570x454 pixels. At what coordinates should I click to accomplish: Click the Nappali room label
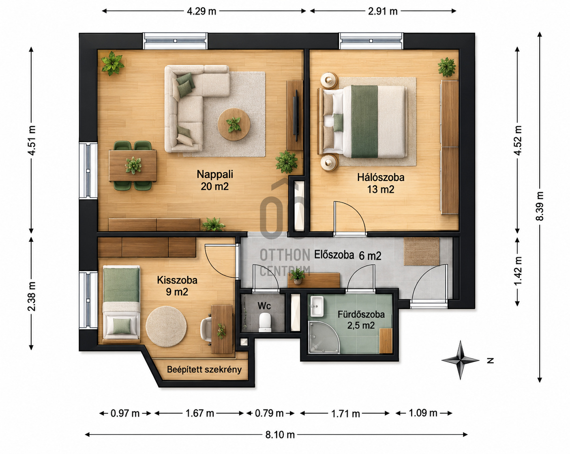pos(215,174)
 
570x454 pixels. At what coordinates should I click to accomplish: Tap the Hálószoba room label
pos(381,177)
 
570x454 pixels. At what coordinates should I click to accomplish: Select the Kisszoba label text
pos(177,280)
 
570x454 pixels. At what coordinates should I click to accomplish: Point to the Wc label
pos(264,306)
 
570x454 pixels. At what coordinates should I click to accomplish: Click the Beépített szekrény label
pos(204,370)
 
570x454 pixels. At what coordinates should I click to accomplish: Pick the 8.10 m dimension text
pos(280,435)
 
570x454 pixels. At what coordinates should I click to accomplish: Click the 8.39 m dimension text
pos(539,206)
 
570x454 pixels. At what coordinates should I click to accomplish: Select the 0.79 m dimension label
pos(269,413)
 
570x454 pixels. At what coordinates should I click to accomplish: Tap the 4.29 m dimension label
pos(201,11)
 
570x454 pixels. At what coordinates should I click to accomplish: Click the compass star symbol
pos(461,360)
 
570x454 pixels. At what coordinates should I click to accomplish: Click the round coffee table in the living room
pos(234,124)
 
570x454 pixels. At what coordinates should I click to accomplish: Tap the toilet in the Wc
pos(265,323)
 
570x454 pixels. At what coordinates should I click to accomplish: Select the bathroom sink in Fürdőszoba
pos(317,306)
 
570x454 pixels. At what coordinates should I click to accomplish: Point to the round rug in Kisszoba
pos(166,327)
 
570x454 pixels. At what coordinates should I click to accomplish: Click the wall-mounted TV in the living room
pos(296,116)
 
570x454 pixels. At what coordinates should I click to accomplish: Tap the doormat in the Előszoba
pos(421,251)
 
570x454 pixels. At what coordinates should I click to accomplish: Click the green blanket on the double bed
pos(364,121)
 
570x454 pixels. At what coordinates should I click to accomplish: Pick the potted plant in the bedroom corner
pos(447,67)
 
